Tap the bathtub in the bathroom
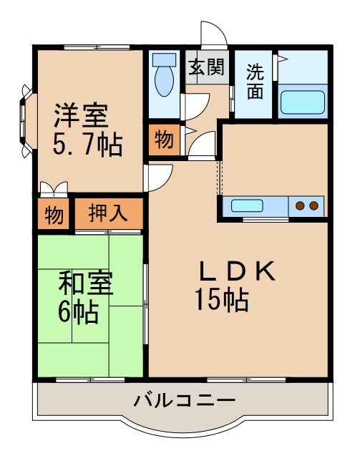[x=303, y=101]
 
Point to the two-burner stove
[x=307, y=206]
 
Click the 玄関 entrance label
[x=206, y=67]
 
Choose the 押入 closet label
[x=107, y=213]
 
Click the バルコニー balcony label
[x=184, y=399]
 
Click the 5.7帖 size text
[x=87, y=145]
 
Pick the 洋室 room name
[x=80, y=115]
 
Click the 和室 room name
[x=85, y=283]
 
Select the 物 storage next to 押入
[x=54, y=213]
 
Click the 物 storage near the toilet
[x=164, y=140]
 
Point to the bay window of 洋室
[x=26, y=120]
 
